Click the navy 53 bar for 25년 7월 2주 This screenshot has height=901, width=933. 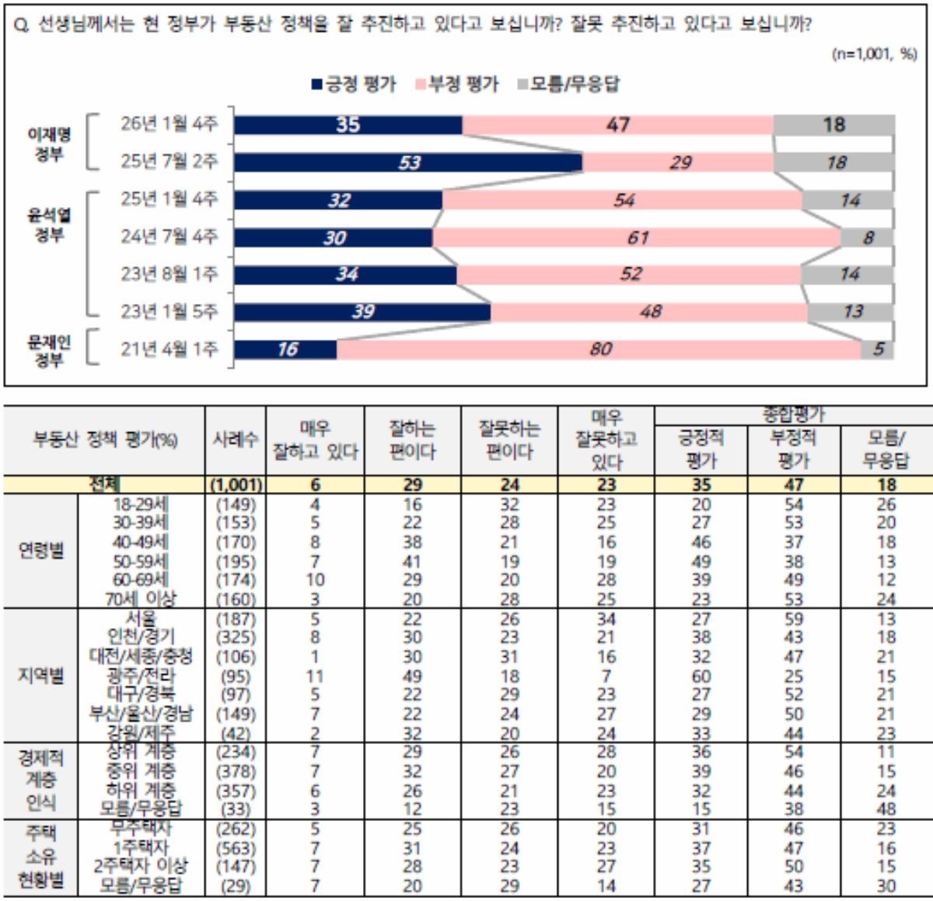point(408,162)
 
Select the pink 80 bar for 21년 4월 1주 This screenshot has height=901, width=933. point(599,350)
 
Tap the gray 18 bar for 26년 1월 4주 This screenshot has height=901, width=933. point(833,125)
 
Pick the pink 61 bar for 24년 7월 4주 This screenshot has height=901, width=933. point(637,237)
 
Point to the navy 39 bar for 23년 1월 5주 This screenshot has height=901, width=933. point(362,312)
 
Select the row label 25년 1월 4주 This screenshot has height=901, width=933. point(169,199)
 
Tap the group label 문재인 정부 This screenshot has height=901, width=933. point(49,351)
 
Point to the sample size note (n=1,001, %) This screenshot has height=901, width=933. point(874,54)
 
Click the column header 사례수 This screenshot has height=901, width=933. point(236,440)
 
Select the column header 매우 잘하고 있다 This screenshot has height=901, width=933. point(316,440)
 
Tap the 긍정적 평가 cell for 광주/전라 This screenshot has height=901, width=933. point(701,676)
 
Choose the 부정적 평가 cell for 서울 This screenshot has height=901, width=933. point(794,620)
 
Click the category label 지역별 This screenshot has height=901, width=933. point(40,676)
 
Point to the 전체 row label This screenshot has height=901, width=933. point(104,485)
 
